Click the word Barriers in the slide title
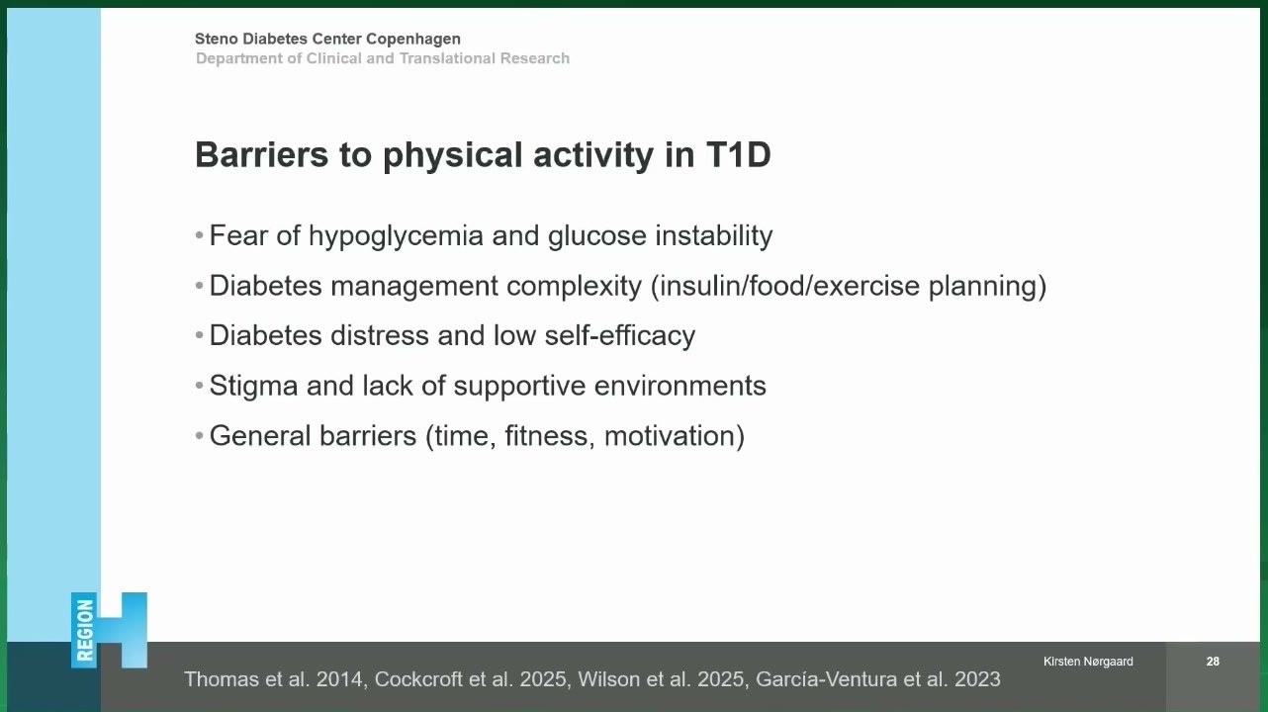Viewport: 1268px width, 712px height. (x=261, y=154)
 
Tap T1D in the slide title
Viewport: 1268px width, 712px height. (x=738, y=154)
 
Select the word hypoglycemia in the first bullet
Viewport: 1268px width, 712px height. (x=396, y=236)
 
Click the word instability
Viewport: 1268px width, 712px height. (x=713, y=236)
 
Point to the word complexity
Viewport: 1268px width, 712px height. (x=574, y=287)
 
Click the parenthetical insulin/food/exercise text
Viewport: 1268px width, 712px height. (x=849, y=287)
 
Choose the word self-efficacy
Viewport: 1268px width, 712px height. (x=620, y=335)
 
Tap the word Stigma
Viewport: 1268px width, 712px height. (x=253, y=387)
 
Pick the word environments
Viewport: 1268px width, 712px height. (x=679, y=386)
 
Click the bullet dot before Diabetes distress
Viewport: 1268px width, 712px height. (x=199, y=335)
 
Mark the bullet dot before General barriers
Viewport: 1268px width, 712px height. (x=199, y=436)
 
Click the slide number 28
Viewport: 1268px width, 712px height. (x=1213, y=661)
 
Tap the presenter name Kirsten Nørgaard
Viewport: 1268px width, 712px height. (x=1088, y=661)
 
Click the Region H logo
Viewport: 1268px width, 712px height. (x=109, y=631)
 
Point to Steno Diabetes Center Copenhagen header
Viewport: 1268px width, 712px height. (x=327, y=39)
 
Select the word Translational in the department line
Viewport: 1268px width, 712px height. (x=447, y=58)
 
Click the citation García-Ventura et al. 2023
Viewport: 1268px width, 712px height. (x=878, y=679)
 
